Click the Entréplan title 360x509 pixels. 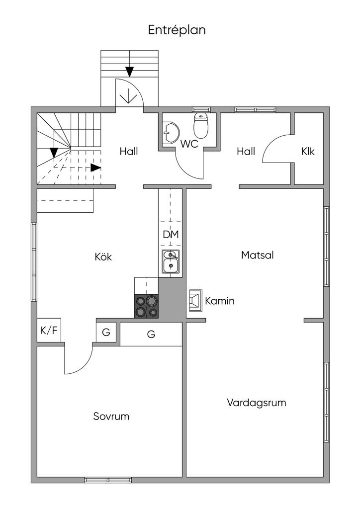click(x=177, y=30)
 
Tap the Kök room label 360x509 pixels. click(x=103, y=257)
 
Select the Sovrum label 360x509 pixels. click(x=111, y=416)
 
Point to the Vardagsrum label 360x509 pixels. click(x=257, y=403)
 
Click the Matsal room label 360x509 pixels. click(x=258, y=255)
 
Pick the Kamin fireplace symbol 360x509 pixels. click(x=195, y=301)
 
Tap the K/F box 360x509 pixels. click(x=49, y=330)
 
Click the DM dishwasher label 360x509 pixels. click(x=171, y=235)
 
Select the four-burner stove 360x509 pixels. click(x=146, y=306)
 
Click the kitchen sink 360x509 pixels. click(x=171, y=261)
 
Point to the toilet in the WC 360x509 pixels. click(x=201, y=126)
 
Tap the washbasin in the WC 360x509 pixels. click(x=170, y=133)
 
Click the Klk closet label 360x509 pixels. click(x=308, y=152)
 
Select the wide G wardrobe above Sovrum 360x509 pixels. click(x=151, y=335)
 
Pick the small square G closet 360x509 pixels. click(x=106, y=333)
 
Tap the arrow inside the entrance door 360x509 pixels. click(x=129, y=94)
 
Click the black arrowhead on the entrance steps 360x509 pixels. click(x=129, y=71)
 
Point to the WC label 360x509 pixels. click(x=189, y=145)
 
